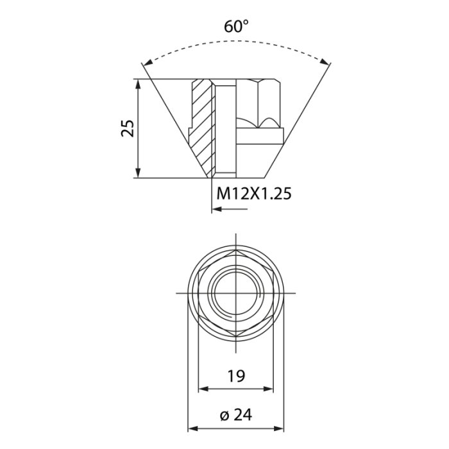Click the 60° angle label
(236, 27)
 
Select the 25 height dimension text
(128, 128)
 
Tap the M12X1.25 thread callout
(253, 193)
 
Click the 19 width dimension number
(236, 376)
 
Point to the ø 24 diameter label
(235, 415)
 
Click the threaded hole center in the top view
(235, 293)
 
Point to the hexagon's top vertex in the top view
(235, 251)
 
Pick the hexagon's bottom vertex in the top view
(235, 335)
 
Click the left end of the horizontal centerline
(177, 293)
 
